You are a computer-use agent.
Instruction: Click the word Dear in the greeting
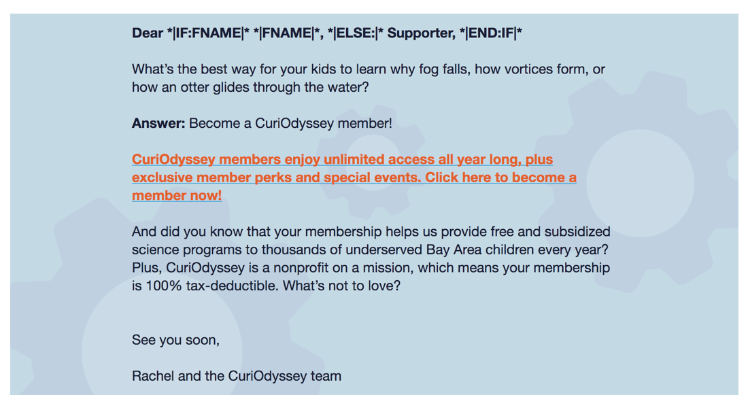click(148, 33)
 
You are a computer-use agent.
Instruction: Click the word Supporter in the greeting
click(420, 33)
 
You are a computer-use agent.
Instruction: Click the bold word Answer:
click(158, 123)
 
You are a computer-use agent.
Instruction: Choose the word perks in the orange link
click(273, 178)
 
